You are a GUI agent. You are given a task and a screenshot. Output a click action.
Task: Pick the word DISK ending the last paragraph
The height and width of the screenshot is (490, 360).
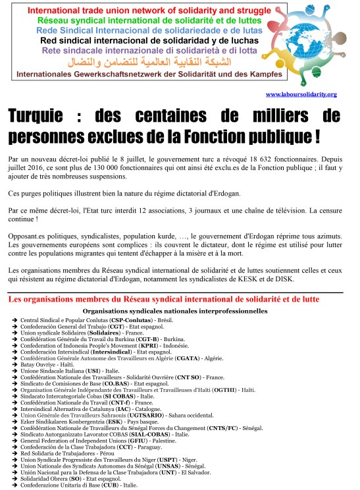point(303,279)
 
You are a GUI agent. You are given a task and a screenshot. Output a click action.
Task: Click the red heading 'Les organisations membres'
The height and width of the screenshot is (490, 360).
point(163,299)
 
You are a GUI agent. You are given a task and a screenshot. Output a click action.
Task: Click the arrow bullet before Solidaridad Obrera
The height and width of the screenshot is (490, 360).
point(14,478)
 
